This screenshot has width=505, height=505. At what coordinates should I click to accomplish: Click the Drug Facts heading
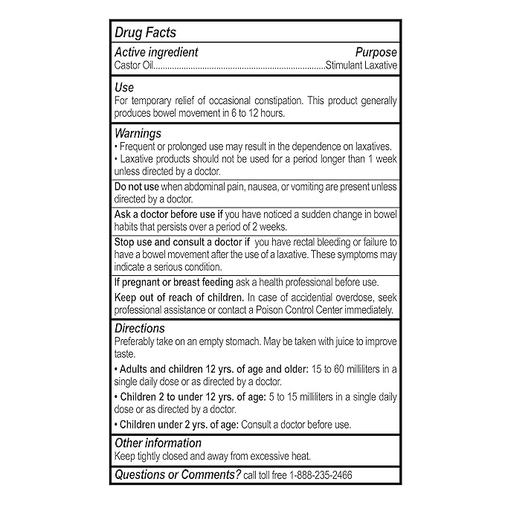pyautogui.click(x=145, y=33)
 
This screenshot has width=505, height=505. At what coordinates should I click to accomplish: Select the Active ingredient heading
pyautogui.click(x=156, y=52)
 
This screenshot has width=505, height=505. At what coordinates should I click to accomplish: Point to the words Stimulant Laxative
pyautogui.click(x=361, y=65)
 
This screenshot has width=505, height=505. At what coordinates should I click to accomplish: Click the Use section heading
pyautogui.click(x=123, y=88)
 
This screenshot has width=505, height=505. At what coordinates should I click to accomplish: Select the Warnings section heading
pyautogui.click(x=138, y=133)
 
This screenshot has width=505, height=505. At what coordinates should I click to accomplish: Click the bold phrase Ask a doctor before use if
pyautogui.click(x=168, y=214)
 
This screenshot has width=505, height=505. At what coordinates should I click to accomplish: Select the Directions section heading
pyautogui.click(x=140, y=328)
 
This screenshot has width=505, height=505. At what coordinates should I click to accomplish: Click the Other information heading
pyautogui.click(x=158, y=443)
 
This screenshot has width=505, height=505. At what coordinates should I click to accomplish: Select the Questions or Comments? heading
pyautogui.click(x=176, y=475)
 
